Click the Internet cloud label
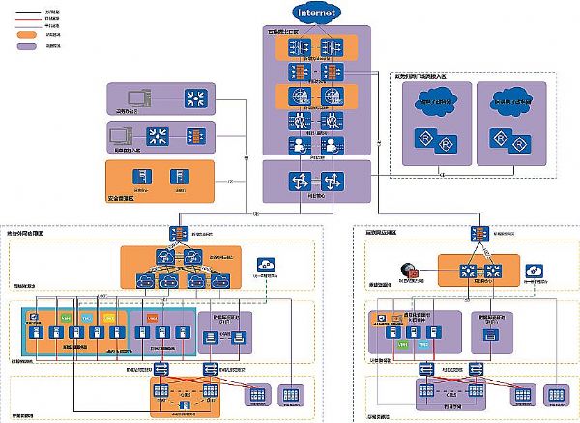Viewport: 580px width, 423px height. point(316,14)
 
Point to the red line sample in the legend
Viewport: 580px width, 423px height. point(27,21)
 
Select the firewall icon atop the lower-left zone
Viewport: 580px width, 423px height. point(180,233)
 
